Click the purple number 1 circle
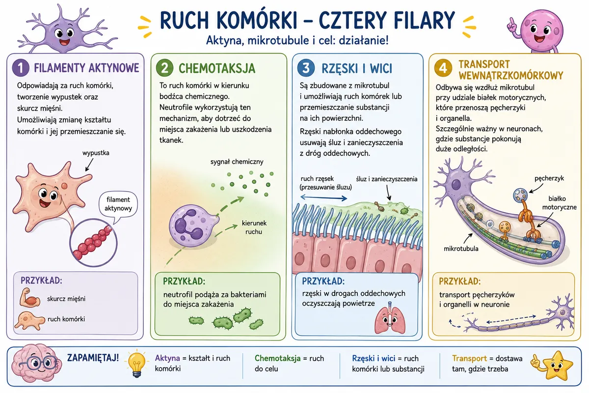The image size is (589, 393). pyautogui.click(x=21, y=68)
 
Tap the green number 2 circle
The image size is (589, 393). pyautogui.click(x=164, y=68)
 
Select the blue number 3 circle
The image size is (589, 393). pyautogui.click(x=306, y=68)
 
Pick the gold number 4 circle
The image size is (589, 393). pyautogui.click(x=443, y=68)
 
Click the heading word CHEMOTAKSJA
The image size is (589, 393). pyautogui.click(x=217, y=68)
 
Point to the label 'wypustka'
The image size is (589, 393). pyautogui.click(x=96, y=153)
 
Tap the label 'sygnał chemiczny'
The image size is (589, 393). pyautogui.click(x=237, y=162)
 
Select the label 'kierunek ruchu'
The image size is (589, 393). pyautogui.click(x=254, y=227)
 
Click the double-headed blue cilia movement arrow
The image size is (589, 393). pyautogui.click(x=323, y=197)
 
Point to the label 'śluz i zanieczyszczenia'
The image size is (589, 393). pyautogui.click(x=387, y=179)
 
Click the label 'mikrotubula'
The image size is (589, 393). pyautogui.click(x=461, y=249)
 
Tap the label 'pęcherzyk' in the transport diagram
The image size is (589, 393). pyautogui.click(x=549, y=178)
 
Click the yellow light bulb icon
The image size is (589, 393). pyautogui.click(x=136, y=364)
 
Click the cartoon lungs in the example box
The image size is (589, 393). pyautogui.click(x=390, y=318)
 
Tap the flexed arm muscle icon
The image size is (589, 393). pyautogui.click(x=29, y=297)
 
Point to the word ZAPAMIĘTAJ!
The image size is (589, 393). pyautogui.click(x=93, y=358)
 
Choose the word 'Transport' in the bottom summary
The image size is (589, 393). pyautogui.click(x=469, y=358)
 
